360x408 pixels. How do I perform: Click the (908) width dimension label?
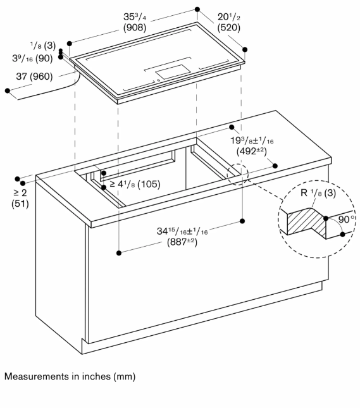[135, 27]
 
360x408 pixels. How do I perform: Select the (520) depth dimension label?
[228, 27]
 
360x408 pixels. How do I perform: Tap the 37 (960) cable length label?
[34, 77]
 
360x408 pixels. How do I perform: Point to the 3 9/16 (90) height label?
[32, 58]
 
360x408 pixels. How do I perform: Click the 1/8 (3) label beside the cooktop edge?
[43, 46]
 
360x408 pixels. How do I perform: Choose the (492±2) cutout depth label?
[251, 151]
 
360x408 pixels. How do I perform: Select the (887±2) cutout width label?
[182, 242]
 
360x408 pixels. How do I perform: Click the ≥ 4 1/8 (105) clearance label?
[135, 184]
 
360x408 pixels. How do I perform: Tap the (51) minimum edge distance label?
[20, 204]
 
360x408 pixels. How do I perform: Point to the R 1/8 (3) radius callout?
[318, 193]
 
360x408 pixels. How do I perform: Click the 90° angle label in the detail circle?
[347, 219]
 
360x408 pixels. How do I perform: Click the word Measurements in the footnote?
[34, 376]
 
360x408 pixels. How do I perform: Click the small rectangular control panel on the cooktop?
[173, 71]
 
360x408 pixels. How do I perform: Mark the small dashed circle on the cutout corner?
[238, 175]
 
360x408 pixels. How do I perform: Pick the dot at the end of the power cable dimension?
[8, 90]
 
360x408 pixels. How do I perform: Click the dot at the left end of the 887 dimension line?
[119, 252]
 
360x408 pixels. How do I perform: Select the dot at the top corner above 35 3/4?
[197, 9]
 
